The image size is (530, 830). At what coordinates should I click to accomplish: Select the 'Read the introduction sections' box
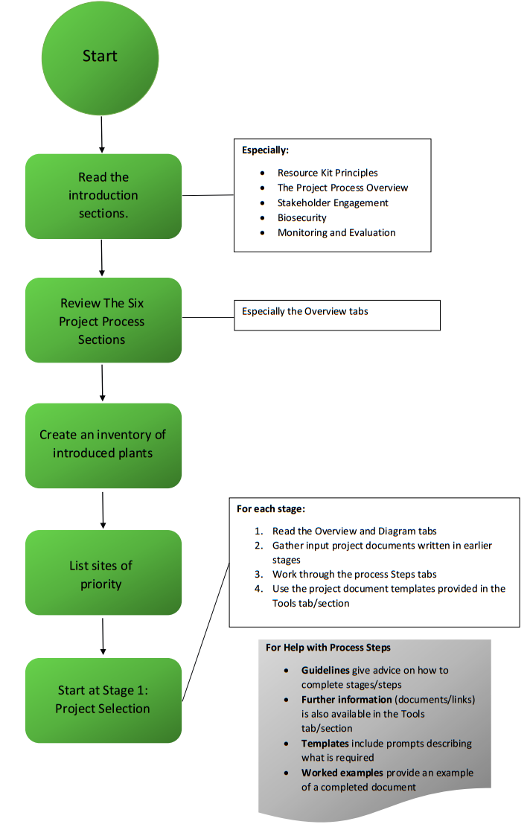[103, 196]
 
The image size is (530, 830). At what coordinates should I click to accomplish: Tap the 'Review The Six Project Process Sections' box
[103, 321]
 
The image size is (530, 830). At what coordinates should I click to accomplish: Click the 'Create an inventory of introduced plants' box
[103, 444]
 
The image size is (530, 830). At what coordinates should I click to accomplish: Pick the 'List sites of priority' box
[103, 574]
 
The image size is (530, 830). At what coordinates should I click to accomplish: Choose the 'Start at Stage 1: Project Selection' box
[103, 700]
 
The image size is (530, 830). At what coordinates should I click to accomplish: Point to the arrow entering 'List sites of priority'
[103, 509]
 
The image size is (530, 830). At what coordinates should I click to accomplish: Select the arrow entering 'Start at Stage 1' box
[103, 636]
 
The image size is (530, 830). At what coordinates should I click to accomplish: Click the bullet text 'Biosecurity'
[301, 217]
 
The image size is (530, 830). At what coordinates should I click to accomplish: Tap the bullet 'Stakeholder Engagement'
[333, 202]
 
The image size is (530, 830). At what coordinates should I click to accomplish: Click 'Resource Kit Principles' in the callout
[328, 173]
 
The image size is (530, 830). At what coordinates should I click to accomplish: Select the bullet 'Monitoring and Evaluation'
[336, 232]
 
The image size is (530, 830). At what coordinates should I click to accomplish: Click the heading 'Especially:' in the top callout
[265, 150]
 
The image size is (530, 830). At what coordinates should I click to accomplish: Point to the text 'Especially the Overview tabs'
[304, 311]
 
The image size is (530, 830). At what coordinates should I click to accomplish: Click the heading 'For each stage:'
[271, 509]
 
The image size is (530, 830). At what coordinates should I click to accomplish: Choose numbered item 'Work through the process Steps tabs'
[354, 574]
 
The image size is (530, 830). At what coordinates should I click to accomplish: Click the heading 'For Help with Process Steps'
[328, 647]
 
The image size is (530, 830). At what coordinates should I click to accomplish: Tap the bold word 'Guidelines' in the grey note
[325, 670]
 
